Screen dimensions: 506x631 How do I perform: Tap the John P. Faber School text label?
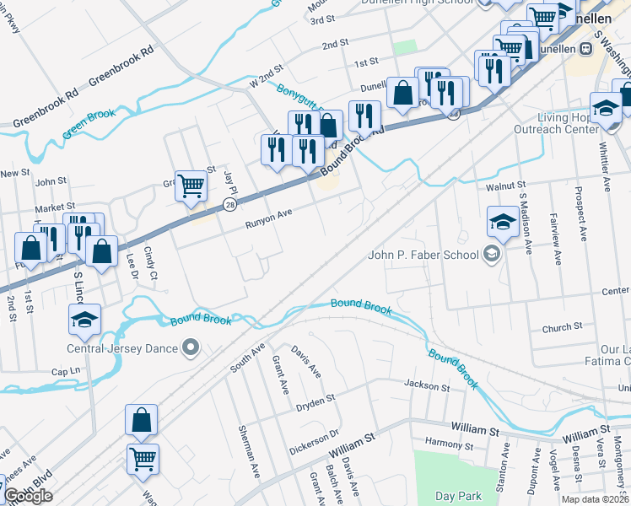click(x=420, y=255)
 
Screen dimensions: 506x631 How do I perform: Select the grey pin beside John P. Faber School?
click(x=491, y=255)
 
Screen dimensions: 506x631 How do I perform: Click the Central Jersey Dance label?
click(x=124, y=348)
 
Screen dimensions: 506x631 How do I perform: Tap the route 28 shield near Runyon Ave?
click(x=229, y=205)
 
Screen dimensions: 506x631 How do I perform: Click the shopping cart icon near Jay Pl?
click(x=191, y=186)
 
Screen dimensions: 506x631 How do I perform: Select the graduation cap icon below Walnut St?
click(x=503, y=222)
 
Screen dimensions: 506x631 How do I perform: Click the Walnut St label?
click(x=505, y=185)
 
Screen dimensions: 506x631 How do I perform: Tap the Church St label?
click(x=563, y=326)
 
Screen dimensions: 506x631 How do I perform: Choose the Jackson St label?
click(x=427, y=386)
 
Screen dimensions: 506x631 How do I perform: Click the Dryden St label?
click(x=315, y=403)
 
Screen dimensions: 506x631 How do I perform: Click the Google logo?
click(x=28, y=496)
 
